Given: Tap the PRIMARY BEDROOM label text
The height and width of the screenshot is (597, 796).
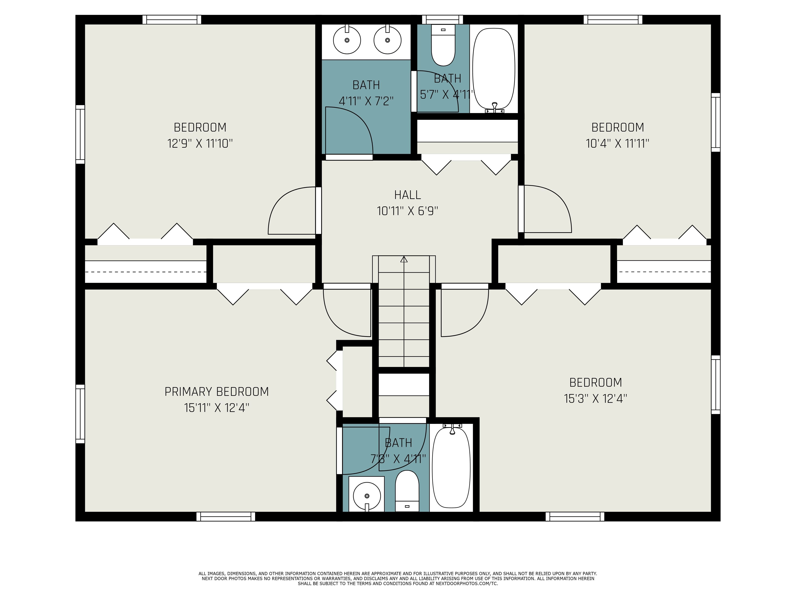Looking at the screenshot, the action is pos(217,391).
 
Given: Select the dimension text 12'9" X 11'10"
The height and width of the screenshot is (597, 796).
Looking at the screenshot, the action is pos(200,144).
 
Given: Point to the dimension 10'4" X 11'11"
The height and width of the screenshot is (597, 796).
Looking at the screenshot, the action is pos(617,144).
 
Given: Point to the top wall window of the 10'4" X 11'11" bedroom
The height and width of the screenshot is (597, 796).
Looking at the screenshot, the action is pos(613,20).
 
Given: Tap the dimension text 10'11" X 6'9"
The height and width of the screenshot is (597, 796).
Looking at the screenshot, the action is pos(407,211).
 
